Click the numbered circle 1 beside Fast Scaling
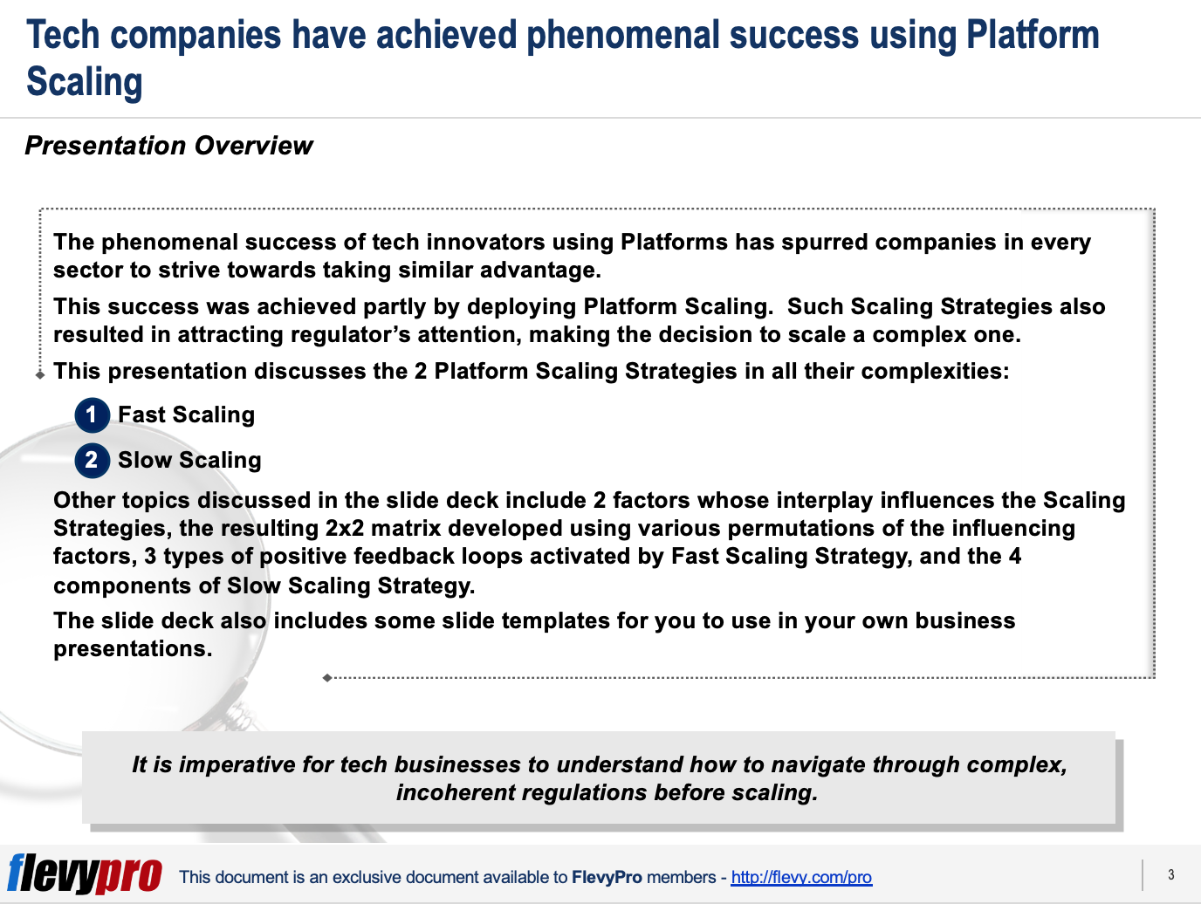tap(92, 415)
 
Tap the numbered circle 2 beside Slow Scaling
tap(92, 461)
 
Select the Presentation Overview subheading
tap(169, 146)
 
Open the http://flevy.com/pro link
tap(801, 877)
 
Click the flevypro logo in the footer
tap(85, 873)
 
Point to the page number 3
tap(1171, 875)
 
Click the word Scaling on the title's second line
tap(85, 81)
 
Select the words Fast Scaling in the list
tap(187, 414)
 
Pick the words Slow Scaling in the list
tap(190, 460)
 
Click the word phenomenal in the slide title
tap(623, 35)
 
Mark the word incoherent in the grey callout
tap(456, 793)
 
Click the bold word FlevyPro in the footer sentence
tap(607, 877)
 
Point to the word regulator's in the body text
tap(350, 335)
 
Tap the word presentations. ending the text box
tap(133, 649)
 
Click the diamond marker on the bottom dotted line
tap(327, 678)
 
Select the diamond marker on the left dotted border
tap(40, 374)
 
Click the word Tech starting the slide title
tap(63, 35)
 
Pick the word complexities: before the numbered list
tap(935, 372)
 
